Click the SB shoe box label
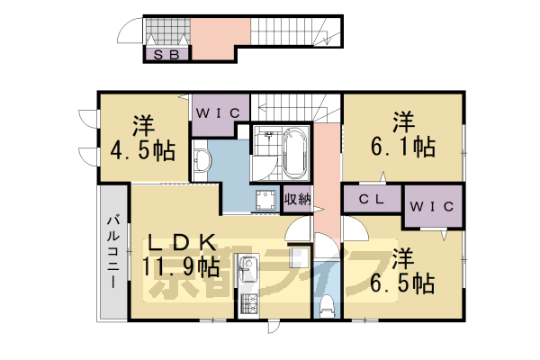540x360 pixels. pos(167,55)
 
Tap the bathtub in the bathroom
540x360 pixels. pos(295,153)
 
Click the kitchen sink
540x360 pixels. pos(247,269)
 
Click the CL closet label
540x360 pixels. pos(372,200)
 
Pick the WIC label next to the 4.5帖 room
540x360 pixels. pos(216,113)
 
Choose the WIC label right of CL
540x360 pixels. pos(435,206)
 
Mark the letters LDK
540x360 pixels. pos(180,242)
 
